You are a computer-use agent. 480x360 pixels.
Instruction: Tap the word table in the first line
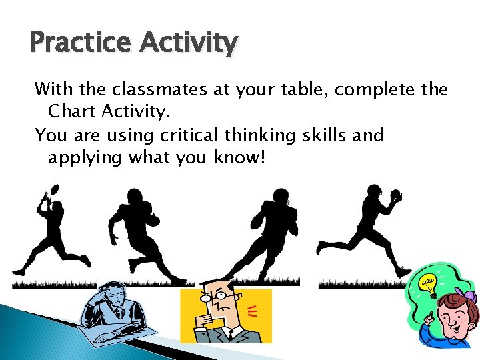[x=300, y=89]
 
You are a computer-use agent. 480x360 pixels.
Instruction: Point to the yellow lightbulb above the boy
[x=426, y=284]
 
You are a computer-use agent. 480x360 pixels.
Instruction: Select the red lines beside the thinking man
[x=253, y=309]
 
